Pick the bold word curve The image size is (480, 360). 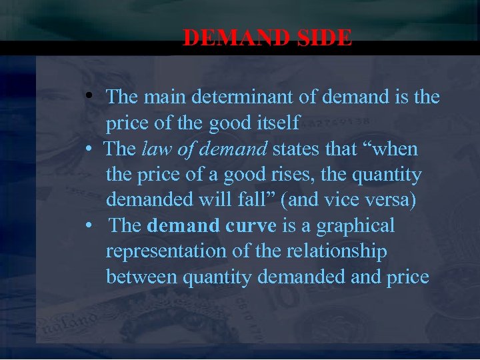coord(251,226)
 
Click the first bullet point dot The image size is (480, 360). coord(89,98)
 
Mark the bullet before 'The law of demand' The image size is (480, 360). coord(89,149)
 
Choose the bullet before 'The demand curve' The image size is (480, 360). coord(89,227)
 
